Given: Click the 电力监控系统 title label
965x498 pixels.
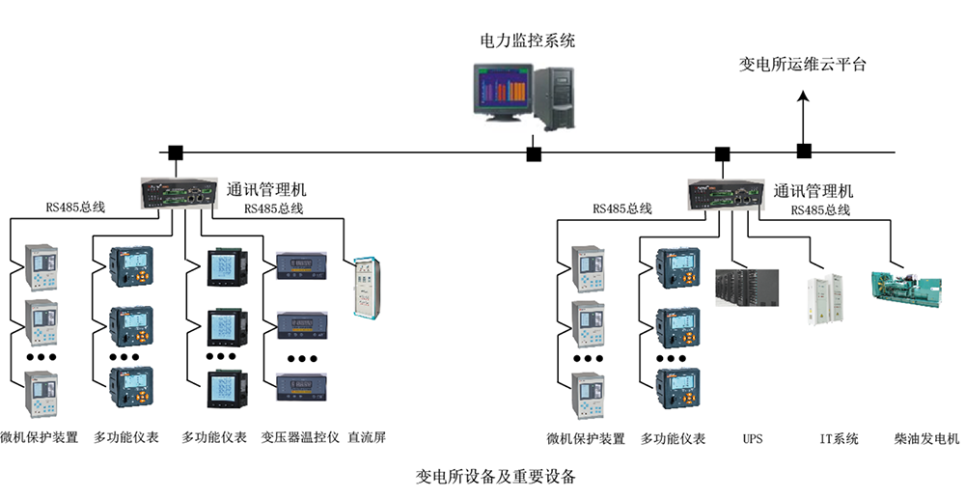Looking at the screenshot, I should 528,41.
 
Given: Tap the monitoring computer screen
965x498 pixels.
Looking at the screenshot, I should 501,92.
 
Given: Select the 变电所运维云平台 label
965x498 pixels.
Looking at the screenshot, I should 803,65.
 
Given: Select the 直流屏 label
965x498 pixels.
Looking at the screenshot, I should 367,437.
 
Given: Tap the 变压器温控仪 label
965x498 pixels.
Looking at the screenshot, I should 300,437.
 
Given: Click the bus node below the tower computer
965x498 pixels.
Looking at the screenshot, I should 534,153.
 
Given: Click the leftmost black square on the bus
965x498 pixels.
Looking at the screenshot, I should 176,152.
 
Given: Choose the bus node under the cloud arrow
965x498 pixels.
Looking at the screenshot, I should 803,151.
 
